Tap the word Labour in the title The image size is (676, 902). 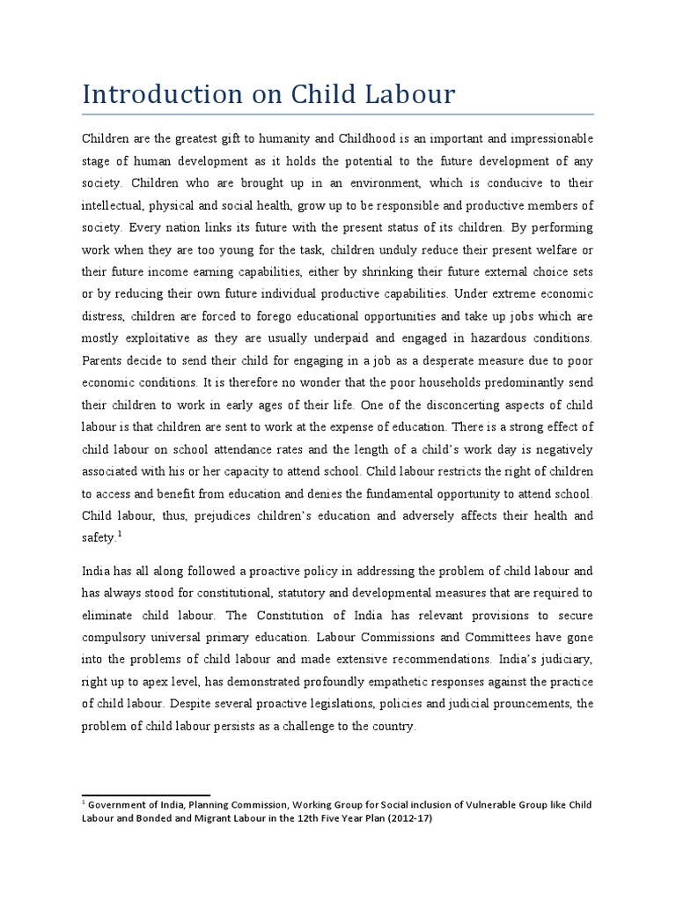pos(410,94)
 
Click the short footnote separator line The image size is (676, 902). pos(145,795)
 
